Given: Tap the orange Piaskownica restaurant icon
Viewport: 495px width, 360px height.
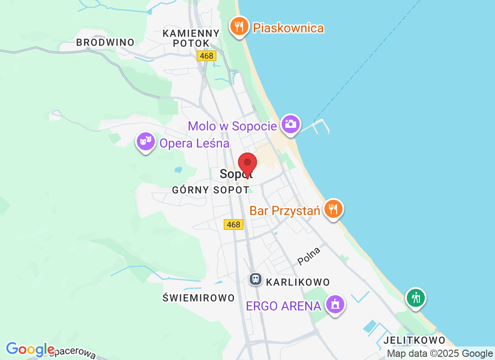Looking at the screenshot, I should point(238,27).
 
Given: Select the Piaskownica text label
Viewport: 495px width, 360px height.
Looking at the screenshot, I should point(288,28).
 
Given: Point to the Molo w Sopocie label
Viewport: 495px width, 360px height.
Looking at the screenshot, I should point(232,126).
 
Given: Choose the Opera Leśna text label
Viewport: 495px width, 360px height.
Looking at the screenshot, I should point(194,144).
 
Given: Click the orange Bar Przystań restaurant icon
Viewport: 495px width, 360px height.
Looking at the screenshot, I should point(333,209).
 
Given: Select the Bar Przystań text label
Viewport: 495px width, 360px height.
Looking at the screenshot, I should point(284,211).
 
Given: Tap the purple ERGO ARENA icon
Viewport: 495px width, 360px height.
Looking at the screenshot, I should point(335,305).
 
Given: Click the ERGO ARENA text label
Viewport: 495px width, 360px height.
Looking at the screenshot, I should point(283,306).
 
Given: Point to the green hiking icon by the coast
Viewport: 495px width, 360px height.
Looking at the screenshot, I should point(416,298).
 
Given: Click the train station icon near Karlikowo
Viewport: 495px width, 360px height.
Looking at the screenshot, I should point(256,279).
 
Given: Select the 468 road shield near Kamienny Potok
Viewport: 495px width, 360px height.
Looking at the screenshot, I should point(207,55).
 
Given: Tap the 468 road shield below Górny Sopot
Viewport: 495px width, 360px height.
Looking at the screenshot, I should point(234,224).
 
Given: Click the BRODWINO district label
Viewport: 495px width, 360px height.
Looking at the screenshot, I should point(105,42).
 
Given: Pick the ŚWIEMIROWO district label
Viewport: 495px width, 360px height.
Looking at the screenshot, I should point(198,298).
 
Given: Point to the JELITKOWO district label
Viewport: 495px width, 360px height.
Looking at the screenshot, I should point(414,340).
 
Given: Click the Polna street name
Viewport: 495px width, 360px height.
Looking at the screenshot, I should point(309,256).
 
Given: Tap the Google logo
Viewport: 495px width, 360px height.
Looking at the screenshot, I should point(30,349).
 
